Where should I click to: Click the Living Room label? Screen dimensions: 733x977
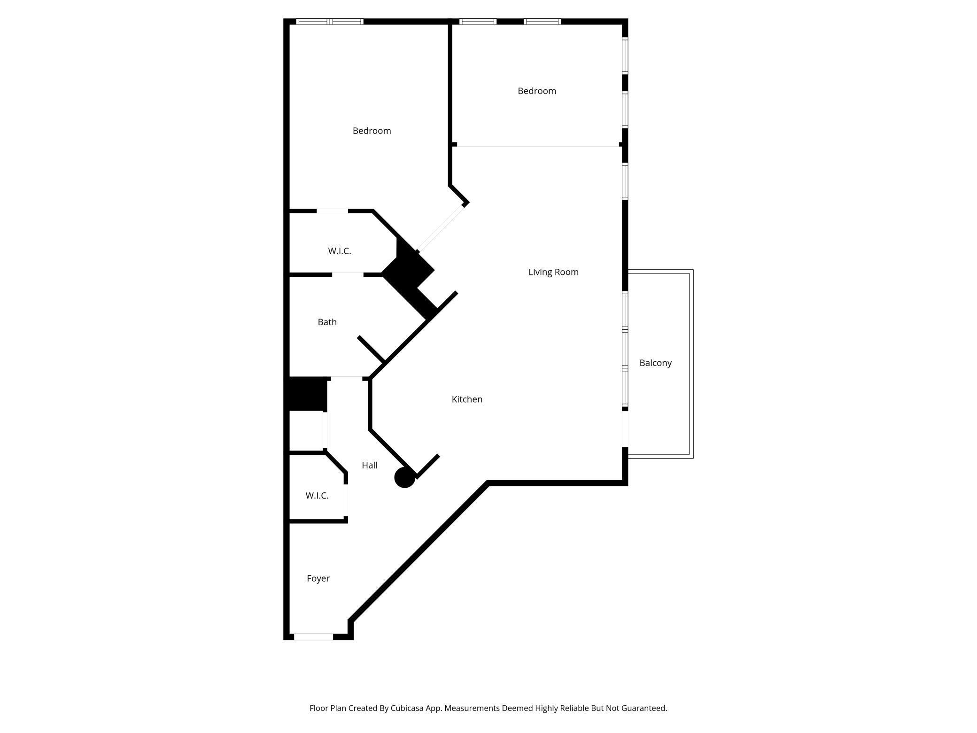pyautogui.click(x=553, y=272)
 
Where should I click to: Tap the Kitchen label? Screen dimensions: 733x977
pyautogui.click(x=467, y=399)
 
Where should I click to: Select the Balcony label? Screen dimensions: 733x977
pyautogui.click(x=655, y=363)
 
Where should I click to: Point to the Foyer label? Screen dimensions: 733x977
pyautogui.click(x=318, y=578)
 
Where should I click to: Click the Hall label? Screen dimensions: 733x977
pyautogui.click(x=370, y=465)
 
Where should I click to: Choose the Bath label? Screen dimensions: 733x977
pyautogui.click(x=327, y=322)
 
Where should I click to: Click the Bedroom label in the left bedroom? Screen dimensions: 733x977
pyautogui.click(x=372, y=131)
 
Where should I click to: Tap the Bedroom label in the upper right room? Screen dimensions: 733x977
pyautogui.click(x=536, y=91)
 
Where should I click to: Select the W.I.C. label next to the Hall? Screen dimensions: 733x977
pyautogui.click(x=317, y=496)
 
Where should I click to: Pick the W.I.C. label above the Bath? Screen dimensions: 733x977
pyautogui.click(x=339, y=251)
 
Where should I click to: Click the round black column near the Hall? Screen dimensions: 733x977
pyautogui.click(x=404, y=478)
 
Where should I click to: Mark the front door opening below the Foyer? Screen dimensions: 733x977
pyautogui.click(x=313, y=637)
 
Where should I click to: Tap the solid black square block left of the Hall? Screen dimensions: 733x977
pyautogui.click(x=308, y=393)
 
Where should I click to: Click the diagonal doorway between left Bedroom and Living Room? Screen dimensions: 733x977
pyautogui.click(x=441, y=228)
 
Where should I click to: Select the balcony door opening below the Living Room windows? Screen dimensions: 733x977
pyautogui.click(x=625, y=429)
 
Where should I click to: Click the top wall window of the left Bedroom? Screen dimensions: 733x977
pyautogui.click(x=330, y=22)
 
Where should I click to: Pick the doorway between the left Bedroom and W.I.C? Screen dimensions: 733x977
pyautogui.click(x=332, y=211)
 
